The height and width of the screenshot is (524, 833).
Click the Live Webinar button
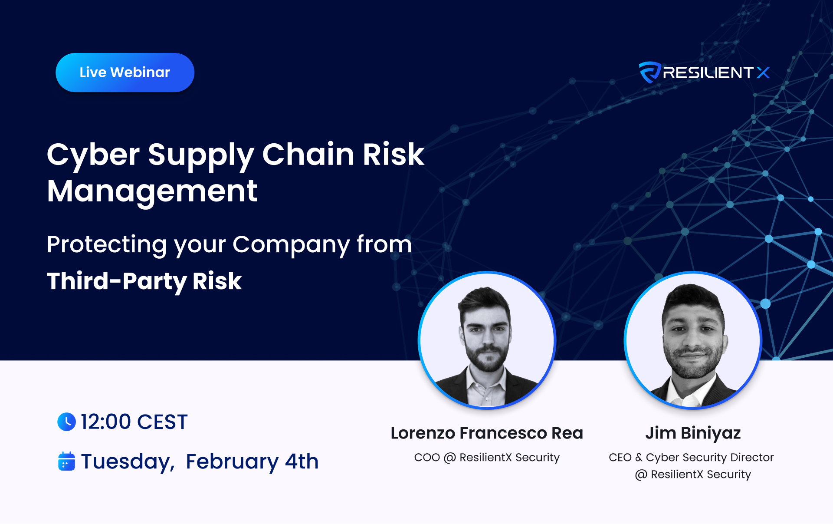[125, 73]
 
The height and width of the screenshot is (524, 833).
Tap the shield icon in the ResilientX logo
[649, 72]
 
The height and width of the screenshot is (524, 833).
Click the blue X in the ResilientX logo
[763, 73]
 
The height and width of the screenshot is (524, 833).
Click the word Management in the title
[152, 192]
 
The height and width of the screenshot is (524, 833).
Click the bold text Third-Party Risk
[144, 281]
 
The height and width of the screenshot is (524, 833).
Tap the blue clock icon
[66, 422]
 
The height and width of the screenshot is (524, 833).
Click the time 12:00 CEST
[134, 422]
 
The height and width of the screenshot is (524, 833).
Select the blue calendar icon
[66, 461]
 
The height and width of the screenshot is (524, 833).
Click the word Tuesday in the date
[128, 462]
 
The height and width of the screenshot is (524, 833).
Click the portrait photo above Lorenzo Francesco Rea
[487, 340]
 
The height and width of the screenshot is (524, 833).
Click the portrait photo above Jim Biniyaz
[693, 340]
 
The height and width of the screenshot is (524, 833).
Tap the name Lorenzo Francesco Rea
[487, 433]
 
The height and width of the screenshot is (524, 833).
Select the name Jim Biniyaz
[693, 434]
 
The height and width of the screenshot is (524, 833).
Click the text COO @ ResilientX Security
[487, 458]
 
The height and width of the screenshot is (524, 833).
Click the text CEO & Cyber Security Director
[691, 458]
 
